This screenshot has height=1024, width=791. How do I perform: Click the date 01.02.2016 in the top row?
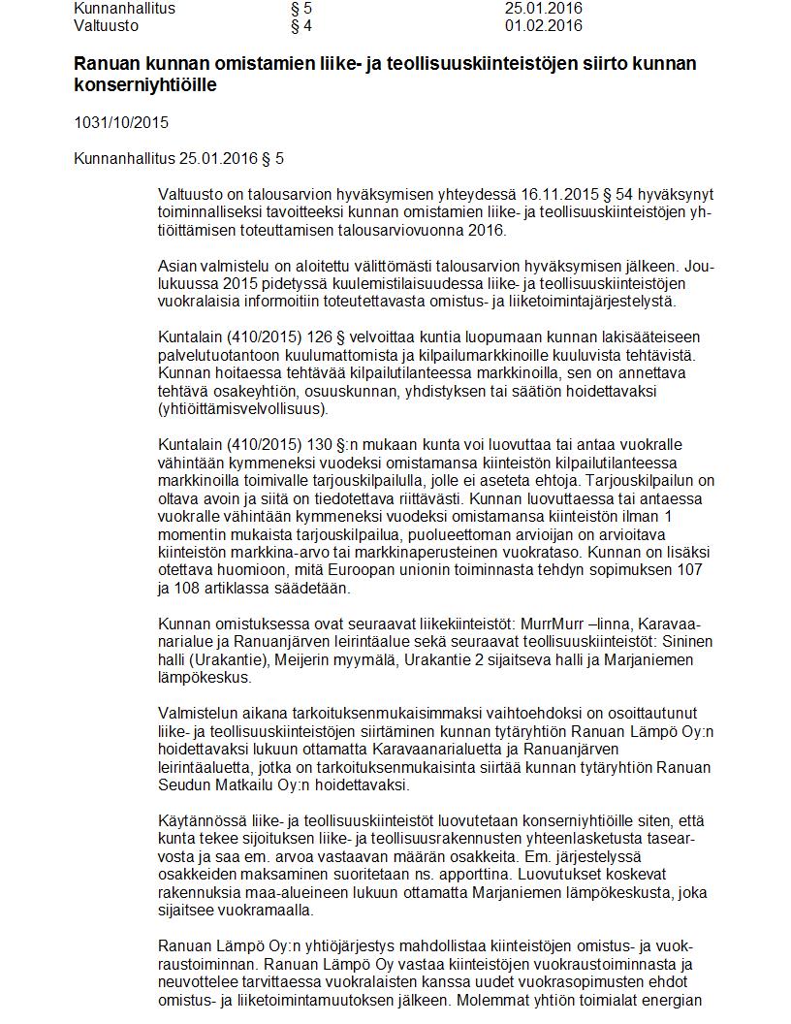click(x=544, y=26)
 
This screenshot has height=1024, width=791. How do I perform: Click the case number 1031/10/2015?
click(x=121, y=122)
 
